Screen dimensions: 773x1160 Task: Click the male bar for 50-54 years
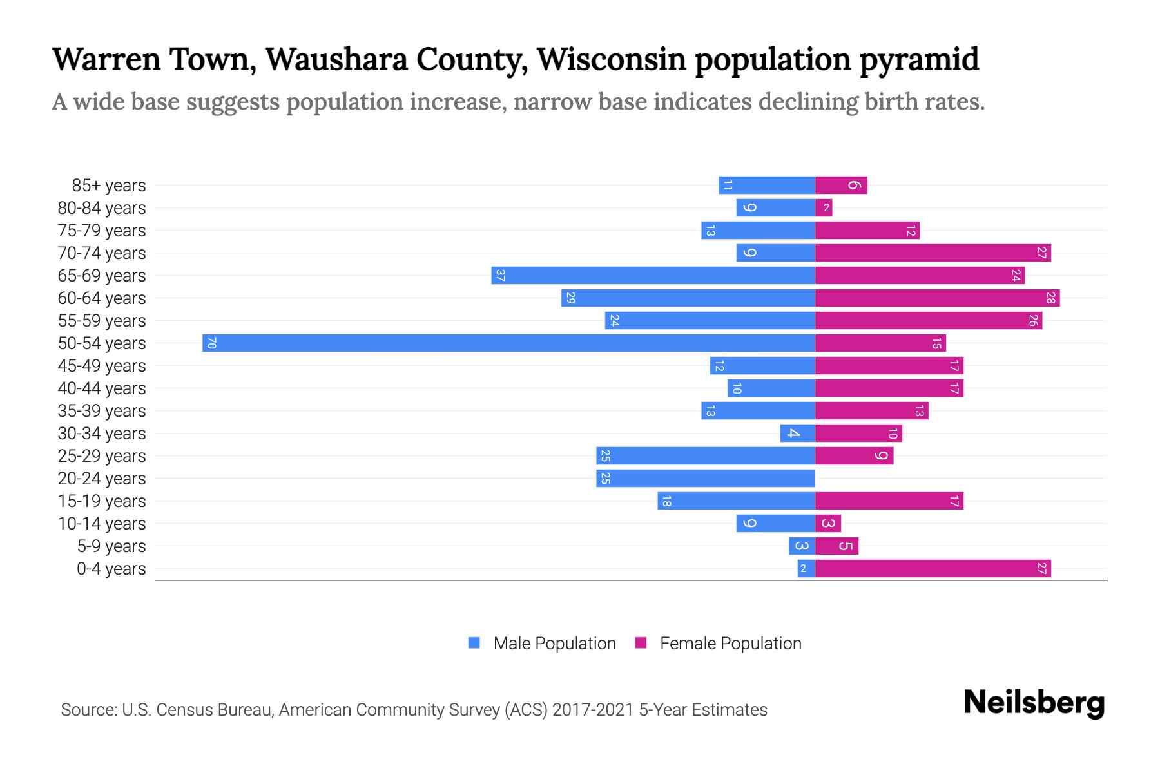click(x=508, y=343)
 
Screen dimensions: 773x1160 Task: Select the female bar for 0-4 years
click(x=933, y=568)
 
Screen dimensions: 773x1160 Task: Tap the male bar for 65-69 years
click(x=653, y=275)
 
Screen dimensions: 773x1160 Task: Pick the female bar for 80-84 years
click(x=824, y=207)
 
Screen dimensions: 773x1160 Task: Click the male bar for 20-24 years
click(x=705, y=478)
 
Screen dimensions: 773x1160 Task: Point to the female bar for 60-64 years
click(x=937, y=298)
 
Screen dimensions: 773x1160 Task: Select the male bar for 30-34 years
click(x=797, y=433)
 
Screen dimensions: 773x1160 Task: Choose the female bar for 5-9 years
click(x=836, y=546)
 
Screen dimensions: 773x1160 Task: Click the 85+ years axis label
click(x=108, y=186)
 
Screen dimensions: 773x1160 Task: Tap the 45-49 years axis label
click(x=102, y=366)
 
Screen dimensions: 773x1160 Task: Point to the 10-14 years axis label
click(x=102, y=524)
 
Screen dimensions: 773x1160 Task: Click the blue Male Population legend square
click(x=474, y=643)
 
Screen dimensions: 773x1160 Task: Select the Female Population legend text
click(x=730, y=643)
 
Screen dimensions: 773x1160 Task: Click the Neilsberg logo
click(x=1034, y=703)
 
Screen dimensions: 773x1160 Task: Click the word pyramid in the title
click(x=919, y=60)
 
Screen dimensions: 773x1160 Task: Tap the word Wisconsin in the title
click(x=611, y=59)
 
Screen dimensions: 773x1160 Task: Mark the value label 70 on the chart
click(x=211, y=343)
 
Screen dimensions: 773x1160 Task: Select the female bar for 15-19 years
click(x=889, y=501)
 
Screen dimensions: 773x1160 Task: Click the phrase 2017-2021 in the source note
click(x=593, y=710)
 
